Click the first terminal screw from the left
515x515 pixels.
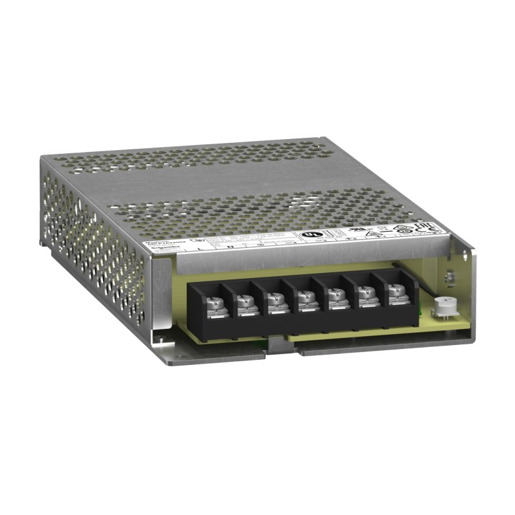[x=213, y=300]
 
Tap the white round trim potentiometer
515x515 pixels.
[x=442, y=307]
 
